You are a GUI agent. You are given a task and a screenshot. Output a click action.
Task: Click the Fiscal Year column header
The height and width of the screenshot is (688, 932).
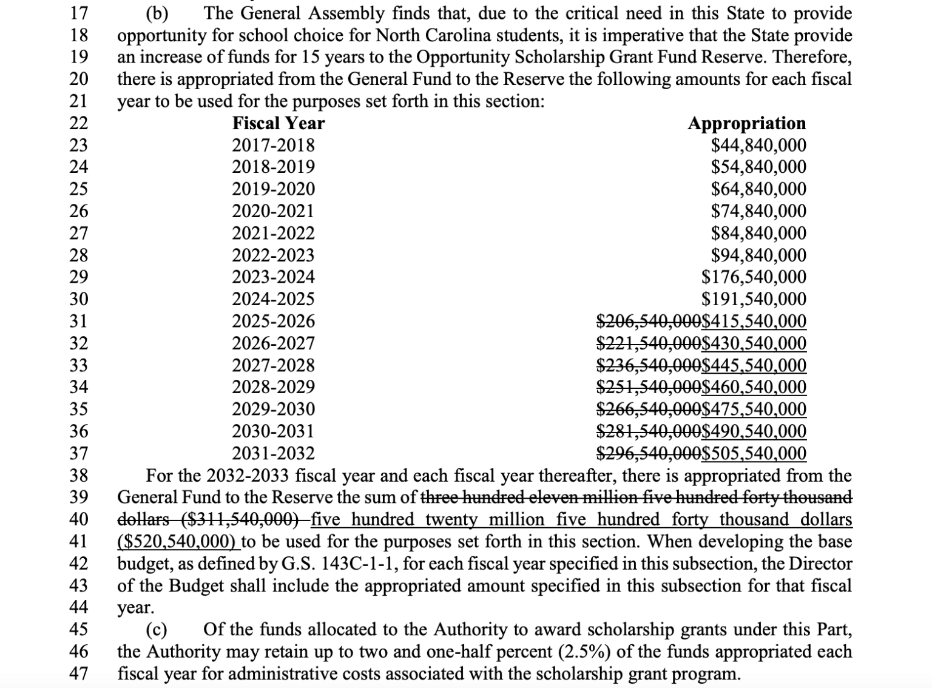pos(279,123)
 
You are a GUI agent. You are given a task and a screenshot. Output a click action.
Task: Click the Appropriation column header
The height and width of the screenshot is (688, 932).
pos(746,123)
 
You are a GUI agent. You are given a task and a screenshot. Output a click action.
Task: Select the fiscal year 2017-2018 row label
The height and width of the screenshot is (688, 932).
pos(274,146)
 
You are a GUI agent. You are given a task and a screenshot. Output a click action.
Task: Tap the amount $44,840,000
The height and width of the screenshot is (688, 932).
pos(758,146)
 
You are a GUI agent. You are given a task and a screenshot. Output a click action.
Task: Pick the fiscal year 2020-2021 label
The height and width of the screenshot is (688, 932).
pos(274,211)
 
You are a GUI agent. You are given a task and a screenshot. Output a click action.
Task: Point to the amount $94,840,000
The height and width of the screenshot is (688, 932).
pos(758,255)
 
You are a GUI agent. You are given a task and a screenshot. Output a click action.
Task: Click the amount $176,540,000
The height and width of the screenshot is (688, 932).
pos(754,277)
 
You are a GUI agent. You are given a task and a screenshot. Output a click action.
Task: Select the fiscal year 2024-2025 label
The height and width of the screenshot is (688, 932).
pos(274,299)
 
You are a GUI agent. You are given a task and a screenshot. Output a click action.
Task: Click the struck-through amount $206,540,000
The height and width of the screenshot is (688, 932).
pos(649,321)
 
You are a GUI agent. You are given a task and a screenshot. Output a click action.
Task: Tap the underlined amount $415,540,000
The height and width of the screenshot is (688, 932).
pos(754,321)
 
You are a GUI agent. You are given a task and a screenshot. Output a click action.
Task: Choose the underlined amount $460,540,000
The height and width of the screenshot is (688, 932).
pos(754,387)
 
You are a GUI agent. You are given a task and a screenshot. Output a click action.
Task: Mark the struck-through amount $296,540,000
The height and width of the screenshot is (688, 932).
pos(649,453)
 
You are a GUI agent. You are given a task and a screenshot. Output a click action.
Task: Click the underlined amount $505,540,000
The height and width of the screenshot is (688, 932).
pos(754,453)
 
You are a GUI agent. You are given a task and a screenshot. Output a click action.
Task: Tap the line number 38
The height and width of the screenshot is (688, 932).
pos(79,475)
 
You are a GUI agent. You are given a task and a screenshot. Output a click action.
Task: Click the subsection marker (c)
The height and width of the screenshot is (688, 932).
pos(158,629)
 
